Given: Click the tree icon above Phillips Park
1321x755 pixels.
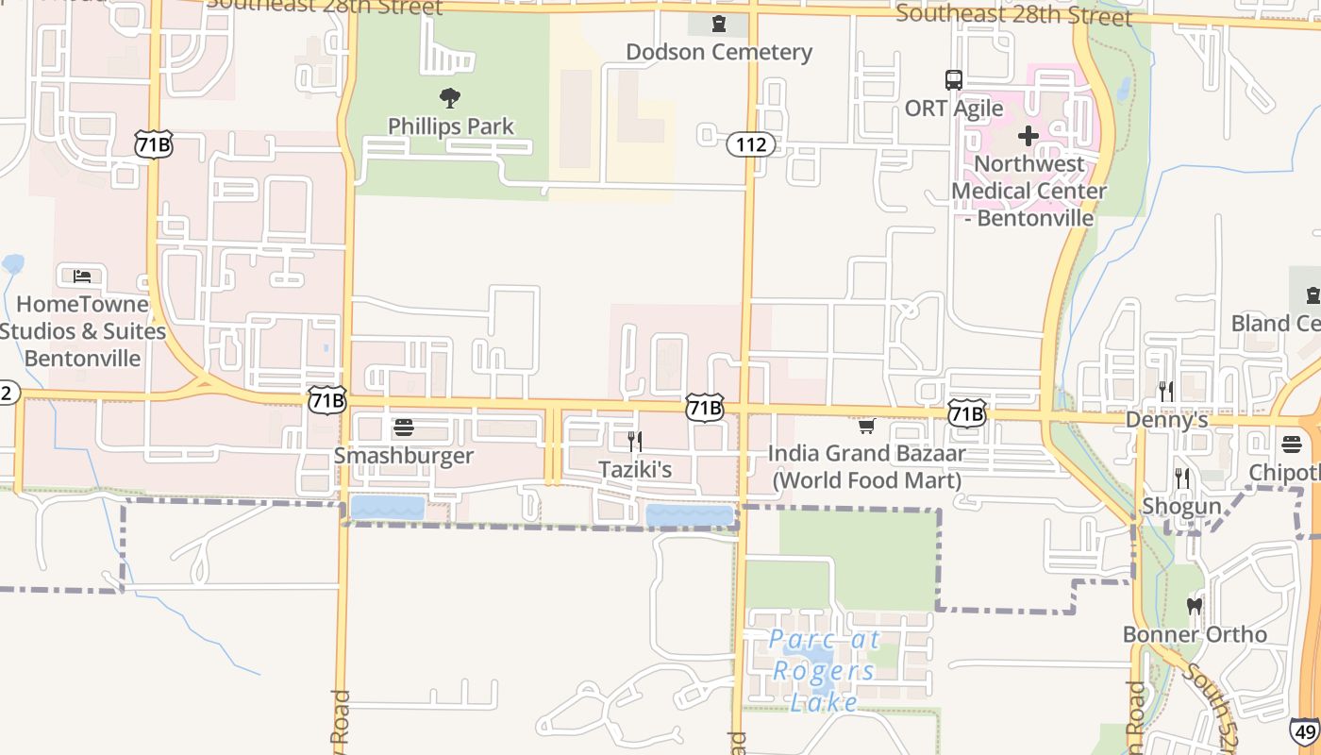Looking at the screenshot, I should point(450,97).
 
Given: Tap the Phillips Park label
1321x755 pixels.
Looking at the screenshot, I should point(451,126).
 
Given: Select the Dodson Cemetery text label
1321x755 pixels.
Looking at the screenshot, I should point(719,52).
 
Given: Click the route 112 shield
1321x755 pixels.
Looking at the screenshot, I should point(751,144).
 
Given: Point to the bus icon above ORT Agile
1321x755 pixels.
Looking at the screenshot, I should point(954,80).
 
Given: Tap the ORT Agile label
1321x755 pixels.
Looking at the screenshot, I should point(954,109).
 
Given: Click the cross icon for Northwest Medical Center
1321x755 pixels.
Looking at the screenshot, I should point(1028,137).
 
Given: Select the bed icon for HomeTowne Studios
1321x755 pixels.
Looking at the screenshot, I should point(82,277).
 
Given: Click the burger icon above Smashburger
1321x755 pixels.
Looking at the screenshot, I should point(404,428).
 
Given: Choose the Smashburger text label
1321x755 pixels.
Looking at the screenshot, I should point(404,456).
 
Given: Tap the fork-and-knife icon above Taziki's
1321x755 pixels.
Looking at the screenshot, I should point(636,441).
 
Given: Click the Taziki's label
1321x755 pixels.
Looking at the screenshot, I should point(636,469).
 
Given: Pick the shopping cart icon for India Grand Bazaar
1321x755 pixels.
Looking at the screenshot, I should point(867,427).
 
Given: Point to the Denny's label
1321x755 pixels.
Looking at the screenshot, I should point(1166,420).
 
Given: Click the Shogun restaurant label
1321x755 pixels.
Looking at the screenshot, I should point(1181,506).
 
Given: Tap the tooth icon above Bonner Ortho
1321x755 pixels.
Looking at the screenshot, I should point(1194,606).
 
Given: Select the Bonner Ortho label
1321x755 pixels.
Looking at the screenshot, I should point(1195,634).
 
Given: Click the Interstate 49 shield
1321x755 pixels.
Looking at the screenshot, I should point(1305,731).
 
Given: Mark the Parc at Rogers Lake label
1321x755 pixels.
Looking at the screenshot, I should point(824,670).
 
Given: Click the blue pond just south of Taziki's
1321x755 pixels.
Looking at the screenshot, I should point(690,515).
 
